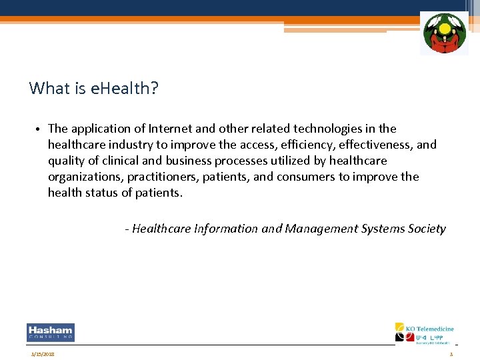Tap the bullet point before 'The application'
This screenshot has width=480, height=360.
coord(40,129)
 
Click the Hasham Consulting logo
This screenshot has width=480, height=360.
coord(51,333)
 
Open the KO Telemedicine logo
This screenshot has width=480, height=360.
coord(424,333)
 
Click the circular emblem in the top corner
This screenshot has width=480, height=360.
coord(444,33)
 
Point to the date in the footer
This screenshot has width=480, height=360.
coord(42,354)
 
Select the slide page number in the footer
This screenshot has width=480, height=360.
coord(451,354)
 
